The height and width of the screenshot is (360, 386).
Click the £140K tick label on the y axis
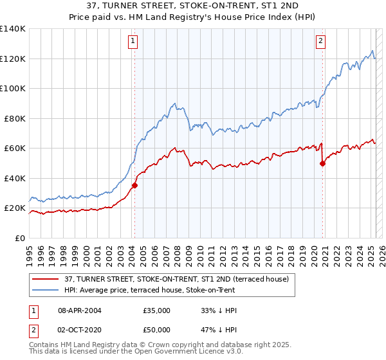pos(13,29)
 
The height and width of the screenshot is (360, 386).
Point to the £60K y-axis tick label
pos(15,148)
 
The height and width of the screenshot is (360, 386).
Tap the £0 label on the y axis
pos(21,238)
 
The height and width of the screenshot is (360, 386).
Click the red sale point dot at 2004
pos(134,186)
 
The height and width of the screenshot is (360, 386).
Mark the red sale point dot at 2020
pos(323,163)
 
